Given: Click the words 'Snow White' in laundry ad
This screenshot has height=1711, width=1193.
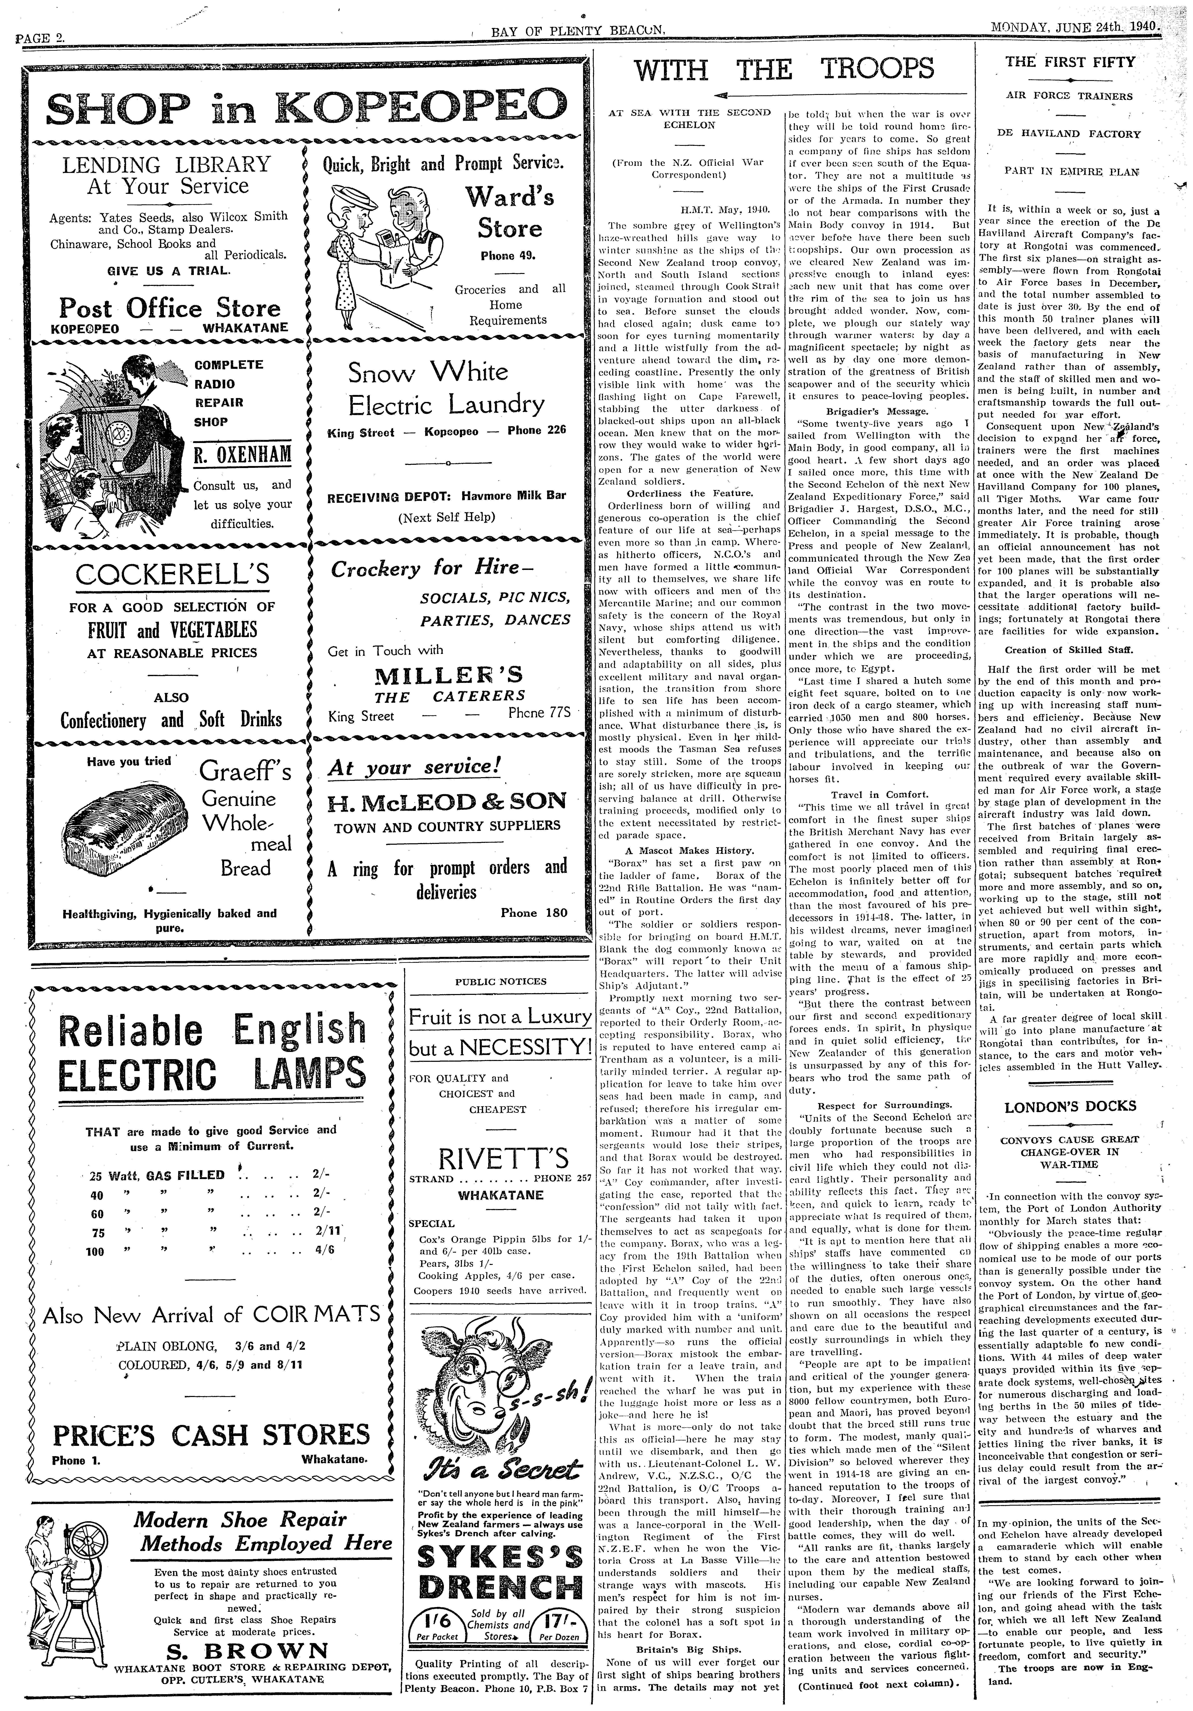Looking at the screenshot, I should pos(428,372).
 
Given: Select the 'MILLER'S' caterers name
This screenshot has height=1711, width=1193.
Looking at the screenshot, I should pos(449,675).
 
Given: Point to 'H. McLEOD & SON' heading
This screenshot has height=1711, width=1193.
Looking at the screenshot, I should pos(447,801).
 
